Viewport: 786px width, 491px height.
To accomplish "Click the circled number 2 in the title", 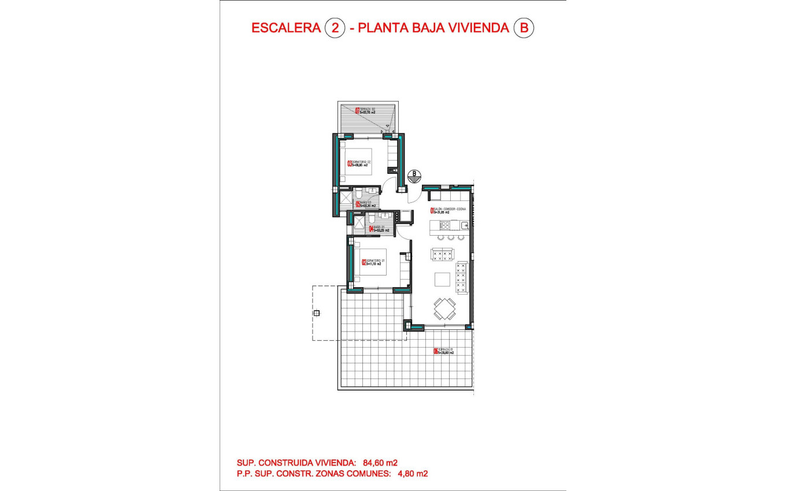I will tap(335, 28).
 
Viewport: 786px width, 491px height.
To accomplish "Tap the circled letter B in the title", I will tap(524, 28).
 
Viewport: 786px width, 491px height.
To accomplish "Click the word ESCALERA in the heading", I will tap(286, 28).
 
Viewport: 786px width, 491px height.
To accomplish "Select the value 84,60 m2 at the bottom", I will tap(380, 463).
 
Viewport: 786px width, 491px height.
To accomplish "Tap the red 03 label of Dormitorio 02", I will tap(349, 163).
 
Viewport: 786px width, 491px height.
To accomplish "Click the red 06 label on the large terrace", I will tap(436, 351).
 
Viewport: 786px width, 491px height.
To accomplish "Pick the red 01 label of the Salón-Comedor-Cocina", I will tap(432, 211).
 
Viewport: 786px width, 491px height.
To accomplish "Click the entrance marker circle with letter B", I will tap(414, 176).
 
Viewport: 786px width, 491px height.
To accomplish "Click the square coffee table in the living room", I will tap(443, 280).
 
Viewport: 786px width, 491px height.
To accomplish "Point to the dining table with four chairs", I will tap(444, 308).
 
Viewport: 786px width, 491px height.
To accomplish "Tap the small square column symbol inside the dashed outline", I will tap(316, 313).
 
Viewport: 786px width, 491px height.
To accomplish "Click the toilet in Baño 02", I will tap(359, 192).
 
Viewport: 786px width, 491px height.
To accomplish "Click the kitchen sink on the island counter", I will tap(463, 225).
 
